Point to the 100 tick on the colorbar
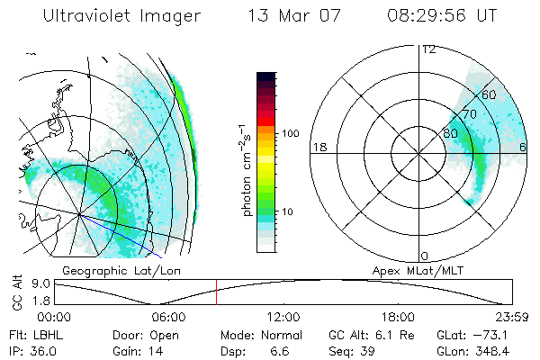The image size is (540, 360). [290, 133]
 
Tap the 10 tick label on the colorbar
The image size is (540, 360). [290, 211]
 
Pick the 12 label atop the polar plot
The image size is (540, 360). [428, 49]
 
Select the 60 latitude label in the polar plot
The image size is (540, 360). [490, 94]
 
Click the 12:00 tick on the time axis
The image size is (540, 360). [283, 317]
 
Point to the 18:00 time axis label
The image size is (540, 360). [398, 317]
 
